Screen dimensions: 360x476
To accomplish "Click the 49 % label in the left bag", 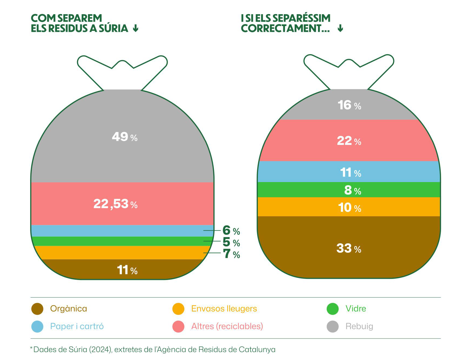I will (125, 137).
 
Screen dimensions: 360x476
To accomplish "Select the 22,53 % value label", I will (115, 204).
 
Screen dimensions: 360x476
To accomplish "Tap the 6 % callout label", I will (231, 231).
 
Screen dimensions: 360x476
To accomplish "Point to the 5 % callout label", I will (231, 242).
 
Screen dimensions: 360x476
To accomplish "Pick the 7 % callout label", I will (231, 254).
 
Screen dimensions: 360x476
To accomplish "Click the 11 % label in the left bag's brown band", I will (127, 270).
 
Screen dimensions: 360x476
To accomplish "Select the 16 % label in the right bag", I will (349, 105).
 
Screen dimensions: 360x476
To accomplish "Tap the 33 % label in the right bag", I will (349, 248).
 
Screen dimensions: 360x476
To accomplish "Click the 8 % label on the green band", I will (353, 190).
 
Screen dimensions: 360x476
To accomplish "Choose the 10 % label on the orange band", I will (350, 208).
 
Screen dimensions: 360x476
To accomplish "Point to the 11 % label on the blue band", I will (351, 173).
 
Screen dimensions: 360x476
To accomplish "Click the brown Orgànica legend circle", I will (37, 309).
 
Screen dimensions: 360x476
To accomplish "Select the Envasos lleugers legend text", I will (224, 309).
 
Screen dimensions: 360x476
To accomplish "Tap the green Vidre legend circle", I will (332, 309).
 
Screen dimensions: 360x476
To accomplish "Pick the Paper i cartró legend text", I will (77, 326).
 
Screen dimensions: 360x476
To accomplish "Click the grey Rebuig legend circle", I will (332, 327).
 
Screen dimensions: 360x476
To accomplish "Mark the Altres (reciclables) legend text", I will (227, 326).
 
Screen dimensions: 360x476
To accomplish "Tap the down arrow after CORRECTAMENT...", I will (340, 28).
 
